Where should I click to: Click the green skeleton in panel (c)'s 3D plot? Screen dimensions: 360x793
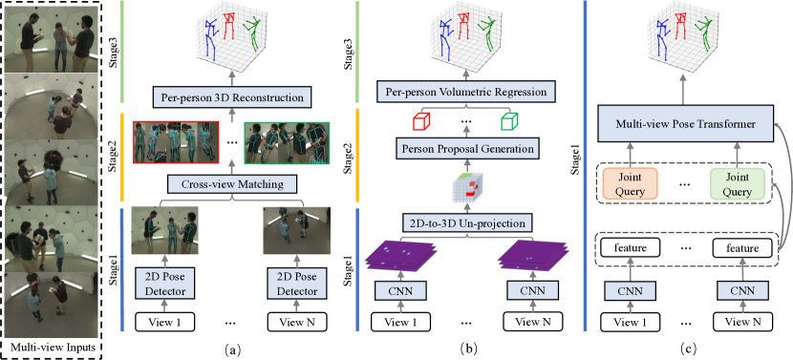point(706,42)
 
